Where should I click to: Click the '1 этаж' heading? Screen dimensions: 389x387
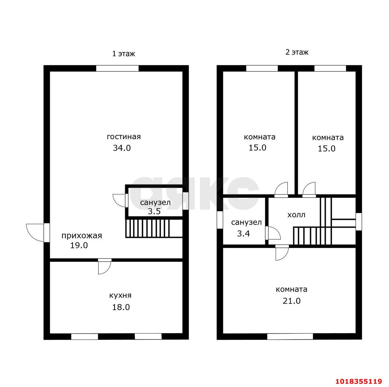coord(124,54)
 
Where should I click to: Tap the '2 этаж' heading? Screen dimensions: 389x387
coord(297,52)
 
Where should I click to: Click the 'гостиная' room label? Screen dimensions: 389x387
coord(124,137)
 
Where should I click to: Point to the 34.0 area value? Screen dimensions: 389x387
coord(122,148)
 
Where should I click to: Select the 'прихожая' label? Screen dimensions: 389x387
coord(81,236)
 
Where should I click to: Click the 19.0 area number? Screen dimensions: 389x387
coord(79,245)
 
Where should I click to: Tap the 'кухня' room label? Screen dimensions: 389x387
coord(120,296)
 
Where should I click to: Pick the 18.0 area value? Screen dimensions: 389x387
coord(121,307)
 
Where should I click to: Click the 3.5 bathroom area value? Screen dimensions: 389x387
coord(154,211)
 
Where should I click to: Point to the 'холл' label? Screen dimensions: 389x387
coord(296,215)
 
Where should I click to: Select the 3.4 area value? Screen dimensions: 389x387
coord(243,234)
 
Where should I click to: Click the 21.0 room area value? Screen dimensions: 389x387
coord(291,301)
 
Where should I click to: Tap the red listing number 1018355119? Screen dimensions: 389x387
coord(359,381)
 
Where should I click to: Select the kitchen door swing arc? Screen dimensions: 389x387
coord(107,270)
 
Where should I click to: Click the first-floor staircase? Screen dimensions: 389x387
coord(154,228)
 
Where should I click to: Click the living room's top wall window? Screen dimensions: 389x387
coord(117,68)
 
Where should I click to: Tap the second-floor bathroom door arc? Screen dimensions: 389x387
coord(275,233)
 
